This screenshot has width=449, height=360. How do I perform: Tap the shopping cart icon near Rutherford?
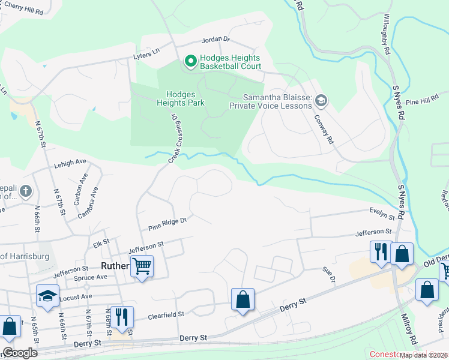[142, 266]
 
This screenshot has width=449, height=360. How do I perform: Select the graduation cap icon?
[48, 295]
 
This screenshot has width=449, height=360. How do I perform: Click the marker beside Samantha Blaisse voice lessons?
[321, 100]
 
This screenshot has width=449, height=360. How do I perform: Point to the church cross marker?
[25, 191]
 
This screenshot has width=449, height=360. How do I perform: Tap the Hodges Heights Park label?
[185, 98]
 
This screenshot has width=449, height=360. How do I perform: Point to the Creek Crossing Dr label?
[174, 139]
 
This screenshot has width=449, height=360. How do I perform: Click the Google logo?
[20, 353]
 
